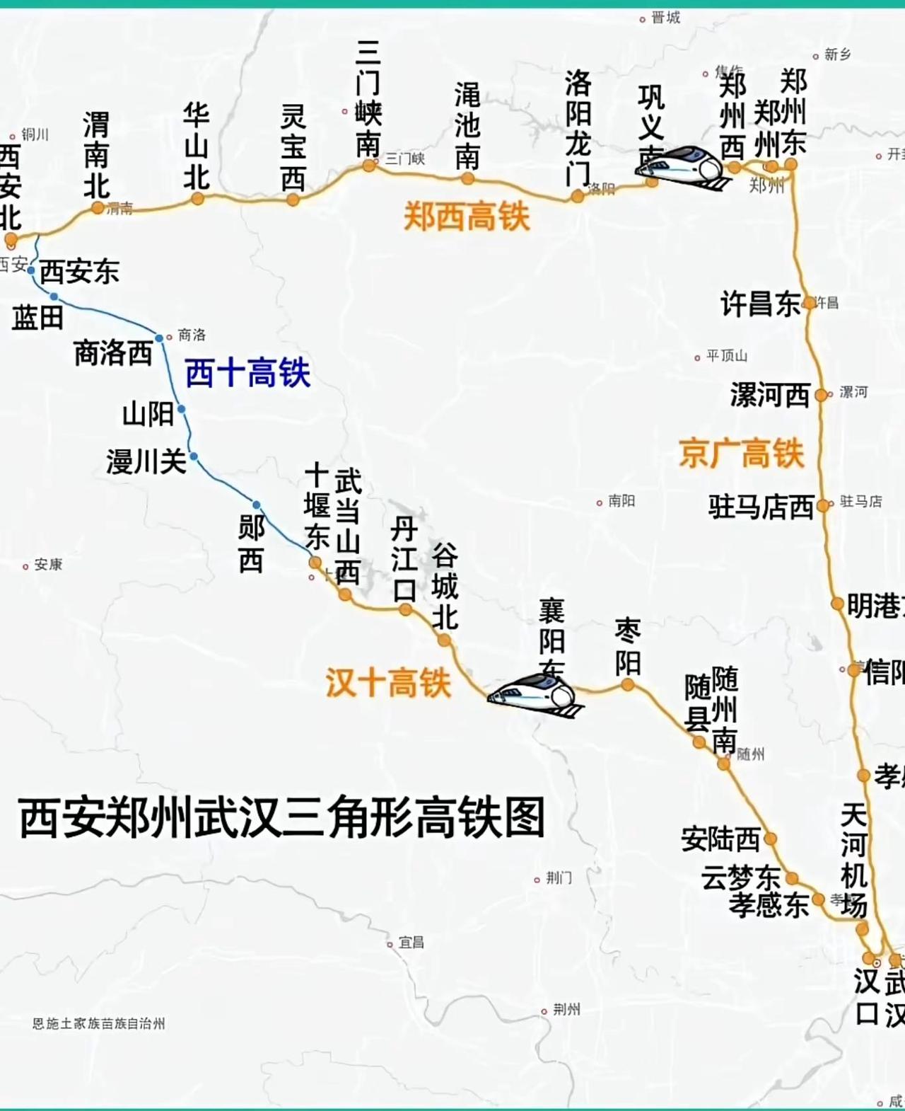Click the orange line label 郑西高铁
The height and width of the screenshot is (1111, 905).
466,216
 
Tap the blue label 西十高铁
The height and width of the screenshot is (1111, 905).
247,373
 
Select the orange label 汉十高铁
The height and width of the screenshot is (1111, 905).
387,684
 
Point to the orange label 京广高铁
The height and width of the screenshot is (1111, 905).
742,453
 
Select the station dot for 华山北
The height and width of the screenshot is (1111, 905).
198,199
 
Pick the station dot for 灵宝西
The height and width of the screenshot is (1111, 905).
293,200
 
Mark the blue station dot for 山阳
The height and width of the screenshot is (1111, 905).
182,409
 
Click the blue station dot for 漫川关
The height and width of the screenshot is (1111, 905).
194,456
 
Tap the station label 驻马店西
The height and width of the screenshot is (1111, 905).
761,507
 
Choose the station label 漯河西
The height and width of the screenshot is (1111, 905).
770,395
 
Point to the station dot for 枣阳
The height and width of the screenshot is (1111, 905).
627,684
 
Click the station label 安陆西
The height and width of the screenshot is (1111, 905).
720,839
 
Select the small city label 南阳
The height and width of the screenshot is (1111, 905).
621,501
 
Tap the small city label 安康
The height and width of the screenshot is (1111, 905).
47,565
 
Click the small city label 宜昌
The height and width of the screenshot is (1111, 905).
411,943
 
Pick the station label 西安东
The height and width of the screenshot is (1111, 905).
79,272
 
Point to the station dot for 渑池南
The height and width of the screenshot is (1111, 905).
467,179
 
